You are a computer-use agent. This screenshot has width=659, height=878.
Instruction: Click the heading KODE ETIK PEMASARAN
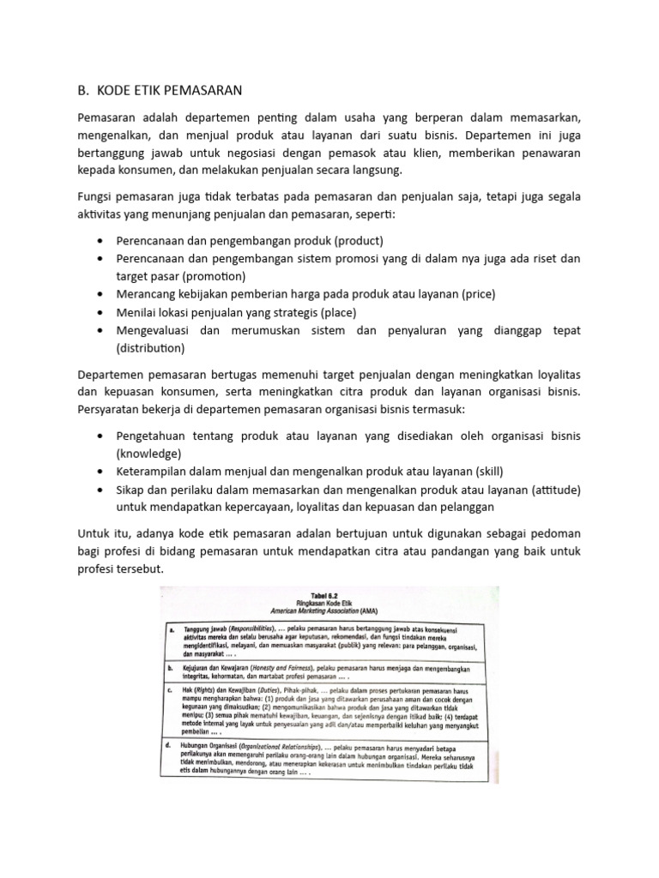pos(172,90)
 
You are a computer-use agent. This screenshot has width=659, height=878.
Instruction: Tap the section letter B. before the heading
pos(84,90)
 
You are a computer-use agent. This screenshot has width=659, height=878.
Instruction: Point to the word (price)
pos(479,293)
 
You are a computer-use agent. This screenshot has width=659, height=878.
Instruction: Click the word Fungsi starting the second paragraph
pos(96,198)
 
